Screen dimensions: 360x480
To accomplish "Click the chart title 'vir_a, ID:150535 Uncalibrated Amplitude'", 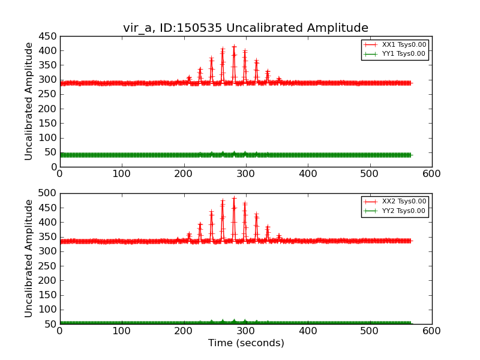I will (x=245, y=28).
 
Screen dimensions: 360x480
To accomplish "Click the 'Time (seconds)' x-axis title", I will (x=246, y=343).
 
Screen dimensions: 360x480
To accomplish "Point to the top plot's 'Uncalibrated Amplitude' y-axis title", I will (x=29, y=101).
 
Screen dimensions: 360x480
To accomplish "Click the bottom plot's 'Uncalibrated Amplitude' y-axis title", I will (x=29, y=258).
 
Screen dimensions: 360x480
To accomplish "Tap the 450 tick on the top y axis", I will (x=47, y=36).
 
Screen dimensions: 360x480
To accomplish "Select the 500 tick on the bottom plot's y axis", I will (x=47, y=193).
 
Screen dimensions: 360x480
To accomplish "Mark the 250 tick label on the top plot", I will (x=47, y=94).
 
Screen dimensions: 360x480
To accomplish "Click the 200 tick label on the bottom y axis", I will (x=47, y=280).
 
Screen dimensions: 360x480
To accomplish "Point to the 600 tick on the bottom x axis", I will (x=431, y=331).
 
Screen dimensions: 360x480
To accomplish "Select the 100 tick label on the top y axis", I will (x=47, y=137).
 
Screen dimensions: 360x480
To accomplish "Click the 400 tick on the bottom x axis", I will (x=308, y=331).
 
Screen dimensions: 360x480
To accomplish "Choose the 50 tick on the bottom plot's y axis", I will (x=50, y=324).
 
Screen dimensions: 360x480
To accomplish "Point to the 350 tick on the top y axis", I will (x=47, y=65).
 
